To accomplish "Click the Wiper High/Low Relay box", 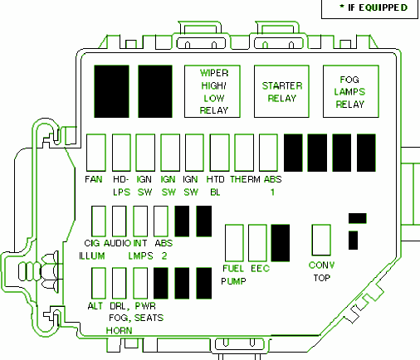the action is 212,91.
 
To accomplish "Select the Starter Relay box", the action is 281,91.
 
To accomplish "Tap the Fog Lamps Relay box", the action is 351,91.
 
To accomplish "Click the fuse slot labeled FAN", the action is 96,153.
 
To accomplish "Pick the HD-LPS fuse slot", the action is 121,153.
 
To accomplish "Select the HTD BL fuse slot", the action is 220,153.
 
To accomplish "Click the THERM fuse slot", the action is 244,153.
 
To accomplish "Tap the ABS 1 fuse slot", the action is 268,153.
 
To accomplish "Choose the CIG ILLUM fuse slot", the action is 99,221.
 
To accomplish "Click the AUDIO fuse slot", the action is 120,221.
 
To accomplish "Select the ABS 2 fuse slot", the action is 161,221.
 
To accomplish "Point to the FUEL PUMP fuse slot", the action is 234,243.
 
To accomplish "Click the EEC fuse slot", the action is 257,243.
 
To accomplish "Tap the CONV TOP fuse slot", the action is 321,240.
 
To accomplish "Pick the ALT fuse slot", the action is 99,283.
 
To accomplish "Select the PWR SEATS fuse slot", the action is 140,283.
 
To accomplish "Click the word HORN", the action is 120,330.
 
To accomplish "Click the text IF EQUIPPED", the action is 378,7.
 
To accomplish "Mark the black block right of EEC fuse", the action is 281,243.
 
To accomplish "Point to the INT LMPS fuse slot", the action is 140,221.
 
